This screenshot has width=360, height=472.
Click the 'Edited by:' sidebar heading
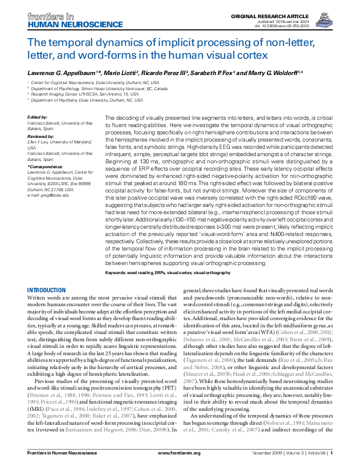tap(38, 117)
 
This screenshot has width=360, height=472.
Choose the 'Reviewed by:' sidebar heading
tap(40, 137)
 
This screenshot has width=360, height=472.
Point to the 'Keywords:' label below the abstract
tap(119, 273)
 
